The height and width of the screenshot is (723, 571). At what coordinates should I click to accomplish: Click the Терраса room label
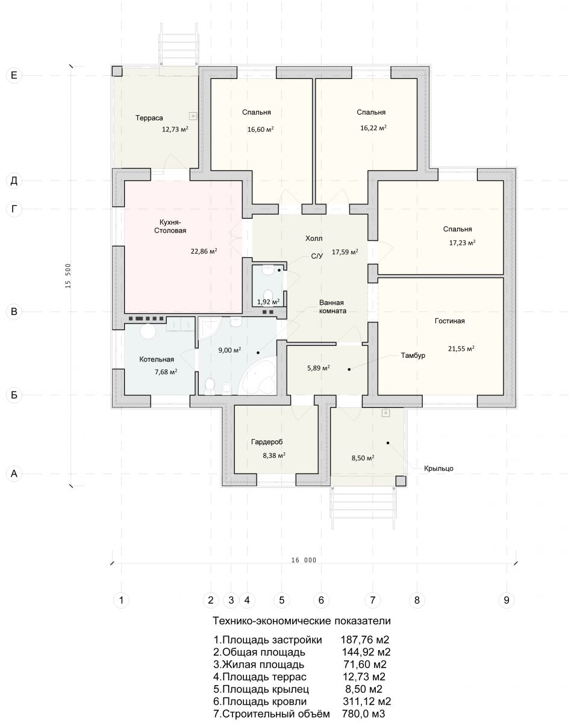(x=149, y=118)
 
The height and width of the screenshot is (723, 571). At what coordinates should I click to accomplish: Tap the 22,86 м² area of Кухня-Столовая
(x=204, y=251)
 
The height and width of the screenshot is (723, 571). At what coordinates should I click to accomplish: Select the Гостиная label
(x=450, y=321)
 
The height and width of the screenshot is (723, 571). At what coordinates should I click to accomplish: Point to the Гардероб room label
(x=267, y=442)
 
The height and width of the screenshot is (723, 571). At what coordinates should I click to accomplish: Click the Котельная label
(x=157, y=359)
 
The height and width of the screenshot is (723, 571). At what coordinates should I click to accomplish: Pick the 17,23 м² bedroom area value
(x=462, y=243)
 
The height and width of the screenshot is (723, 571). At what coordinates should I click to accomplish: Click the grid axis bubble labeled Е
(x=14, y=75)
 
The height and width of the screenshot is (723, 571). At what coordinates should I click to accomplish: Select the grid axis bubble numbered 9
(x=507, y=599)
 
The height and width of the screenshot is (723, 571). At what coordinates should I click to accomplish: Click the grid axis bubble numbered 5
(x=281, y=599)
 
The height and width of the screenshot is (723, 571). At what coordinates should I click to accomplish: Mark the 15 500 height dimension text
(x=68, y=276)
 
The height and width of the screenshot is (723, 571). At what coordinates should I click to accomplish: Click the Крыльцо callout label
(x=438, y=468)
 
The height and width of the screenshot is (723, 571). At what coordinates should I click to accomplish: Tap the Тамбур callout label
(x=413, y=355)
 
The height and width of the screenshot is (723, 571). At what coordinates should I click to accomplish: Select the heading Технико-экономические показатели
(x=302, y=621)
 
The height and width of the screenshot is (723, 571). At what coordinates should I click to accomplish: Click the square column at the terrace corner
(x=117, y=71)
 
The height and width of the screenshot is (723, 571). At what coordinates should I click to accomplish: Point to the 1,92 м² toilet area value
(x=269, y=302)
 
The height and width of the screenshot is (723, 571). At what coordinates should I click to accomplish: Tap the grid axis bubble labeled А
(x=14, y=474)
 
